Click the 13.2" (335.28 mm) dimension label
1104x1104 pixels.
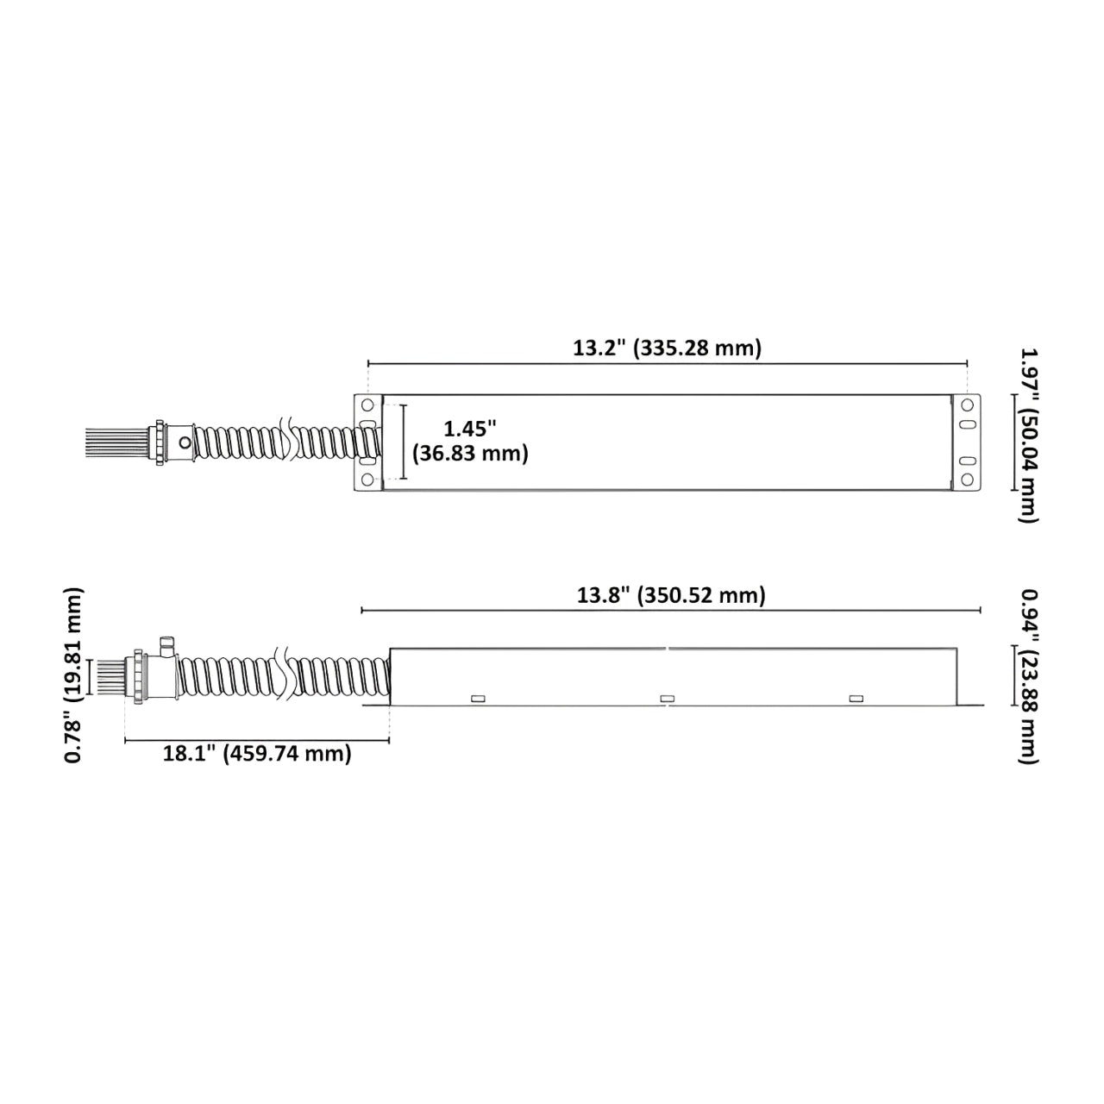667,348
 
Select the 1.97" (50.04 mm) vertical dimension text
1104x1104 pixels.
1027,436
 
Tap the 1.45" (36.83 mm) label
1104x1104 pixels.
470,441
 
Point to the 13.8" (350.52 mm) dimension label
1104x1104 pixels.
671,595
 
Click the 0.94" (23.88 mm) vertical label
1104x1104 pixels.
1027,676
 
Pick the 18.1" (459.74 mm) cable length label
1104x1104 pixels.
257,753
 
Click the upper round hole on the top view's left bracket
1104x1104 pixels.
367,405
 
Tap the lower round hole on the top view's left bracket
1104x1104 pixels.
367,479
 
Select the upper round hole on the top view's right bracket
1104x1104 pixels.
967,405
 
